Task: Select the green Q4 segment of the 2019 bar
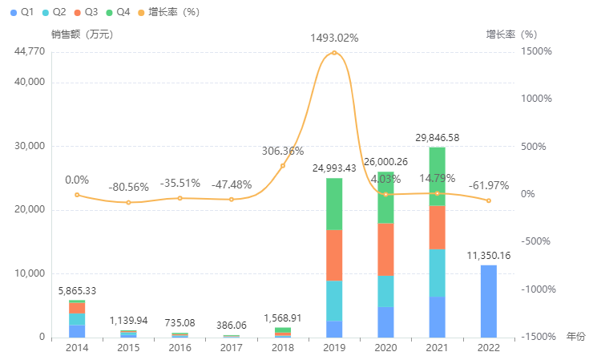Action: point(334,204)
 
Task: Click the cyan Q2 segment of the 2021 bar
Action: point(437,273)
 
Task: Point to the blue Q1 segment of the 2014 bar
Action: point(77,331)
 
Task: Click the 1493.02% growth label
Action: point(334,38)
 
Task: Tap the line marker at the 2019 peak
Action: point(334,53)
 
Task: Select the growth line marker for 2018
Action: point(283,165)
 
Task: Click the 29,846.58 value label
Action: point(438,139)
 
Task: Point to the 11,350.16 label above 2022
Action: point(488,256)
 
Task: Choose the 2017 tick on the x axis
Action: point(232,347)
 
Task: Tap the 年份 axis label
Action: point(576,337)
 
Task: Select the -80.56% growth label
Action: point(128,187)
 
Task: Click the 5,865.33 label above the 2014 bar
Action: point(77,291)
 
